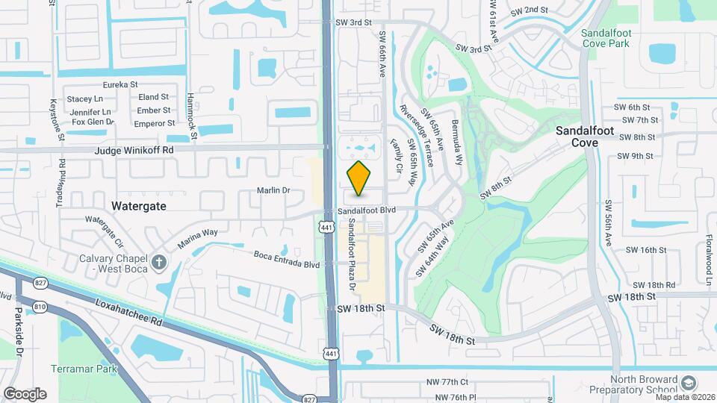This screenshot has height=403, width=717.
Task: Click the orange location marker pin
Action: [359, 178]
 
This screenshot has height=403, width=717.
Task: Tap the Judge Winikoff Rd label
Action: [134, 150]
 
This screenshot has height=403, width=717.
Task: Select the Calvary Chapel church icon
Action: [158, 262]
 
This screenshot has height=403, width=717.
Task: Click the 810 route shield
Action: [40, 307]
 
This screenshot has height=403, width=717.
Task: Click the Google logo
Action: [25, 393]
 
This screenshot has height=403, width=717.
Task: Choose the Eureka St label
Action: [121, 85]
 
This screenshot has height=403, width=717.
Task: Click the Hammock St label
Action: [192, 116]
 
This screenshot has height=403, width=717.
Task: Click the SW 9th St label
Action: [636, 156]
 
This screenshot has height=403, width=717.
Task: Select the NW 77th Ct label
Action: [447, 382]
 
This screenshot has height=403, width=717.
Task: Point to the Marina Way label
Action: [197, 238]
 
